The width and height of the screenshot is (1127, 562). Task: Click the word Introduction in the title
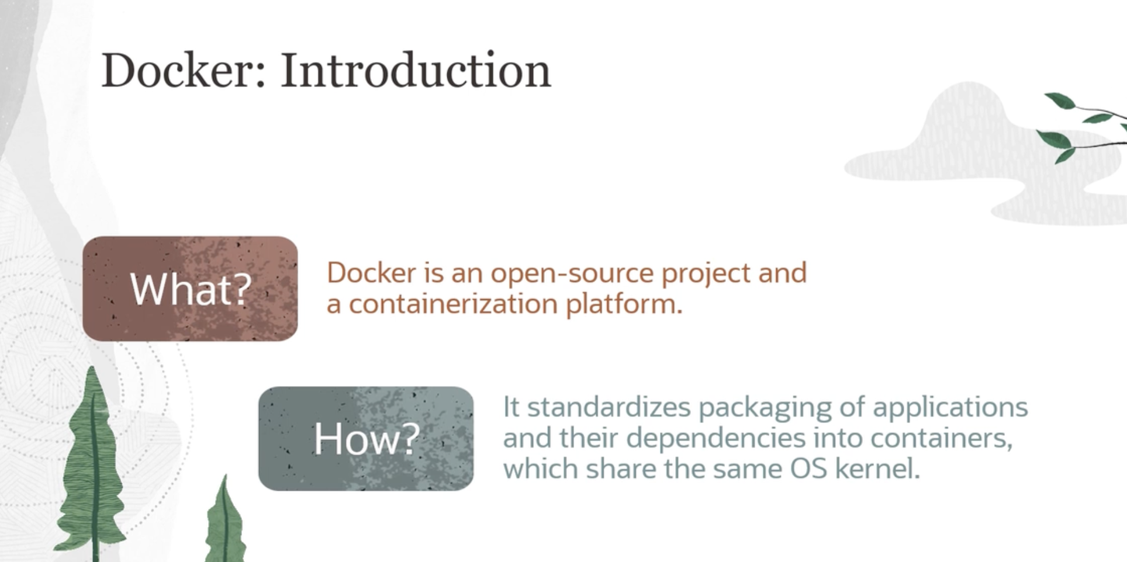point(416,70)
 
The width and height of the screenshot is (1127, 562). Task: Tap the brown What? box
point(190,289)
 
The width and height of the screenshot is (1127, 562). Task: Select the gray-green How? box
point(366,438)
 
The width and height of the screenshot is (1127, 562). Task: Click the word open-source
point(572,273)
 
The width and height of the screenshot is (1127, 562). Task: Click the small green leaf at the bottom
point(225,520)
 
